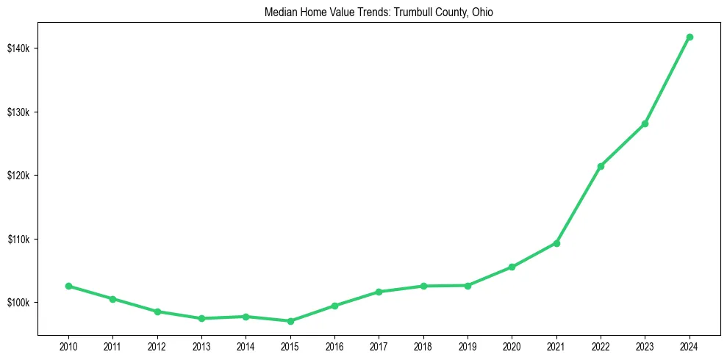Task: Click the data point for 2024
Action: [690, 37]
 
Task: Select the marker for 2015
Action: [290, 321]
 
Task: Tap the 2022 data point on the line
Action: [601, 166]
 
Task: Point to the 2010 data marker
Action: [68, 286]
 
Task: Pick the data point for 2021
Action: [556, 243]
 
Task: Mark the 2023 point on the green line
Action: [645, 123]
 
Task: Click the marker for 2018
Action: [423, 286]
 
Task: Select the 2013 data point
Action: [201, 318]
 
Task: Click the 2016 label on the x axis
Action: [334, 345]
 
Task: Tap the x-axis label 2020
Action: [512, 345]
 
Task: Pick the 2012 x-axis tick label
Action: [157, 345]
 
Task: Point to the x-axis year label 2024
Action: [690, 345]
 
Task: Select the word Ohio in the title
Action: [492, 12]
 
